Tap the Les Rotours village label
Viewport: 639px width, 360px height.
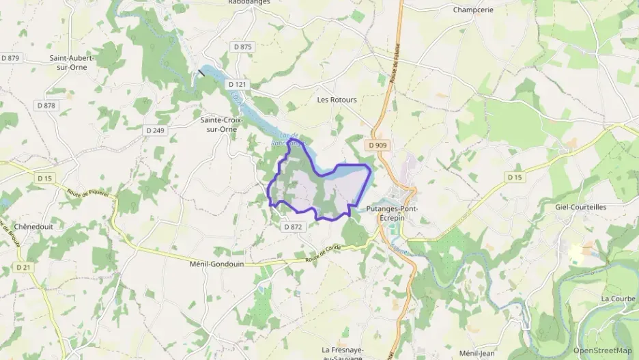(x=337, y=100)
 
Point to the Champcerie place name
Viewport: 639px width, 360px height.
(x=473, y=10)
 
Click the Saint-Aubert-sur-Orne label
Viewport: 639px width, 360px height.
(x=72, y=62)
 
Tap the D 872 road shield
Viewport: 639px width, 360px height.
(x=292, y=227)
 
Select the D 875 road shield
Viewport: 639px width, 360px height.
(x=242, y=47)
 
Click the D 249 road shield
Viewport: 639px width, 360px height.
(x=156, y=130)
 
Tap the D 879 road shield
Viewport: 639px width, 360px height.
(x=11, y=58)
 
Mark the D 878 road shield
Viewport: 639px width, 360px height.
(x=46, y=105)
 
